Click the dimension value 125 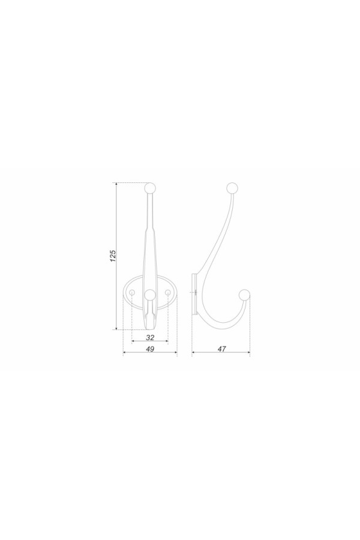click(x=113, y=256)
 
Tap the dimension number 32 click(x=150, y=338)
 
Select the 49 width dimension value click(x=150, y=349)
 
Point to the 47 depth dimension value click(x=222, y=349)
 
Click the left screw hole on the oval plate click(x=132, y=292)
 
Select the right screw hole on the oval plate click(x=168, y=292)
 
